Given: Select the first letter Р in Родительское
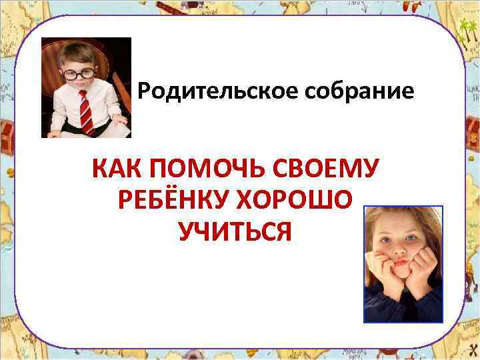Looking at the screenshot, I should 145,91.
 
